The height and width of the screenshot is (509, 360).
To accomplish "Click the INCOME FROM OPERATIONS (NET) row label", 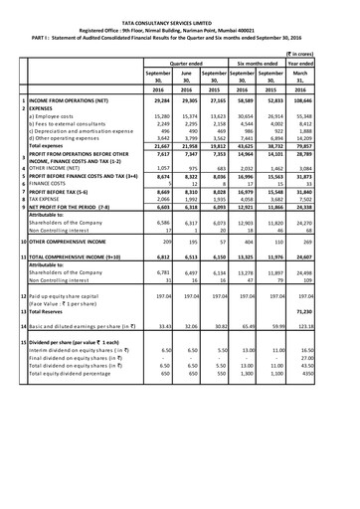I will click(74, 100).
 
